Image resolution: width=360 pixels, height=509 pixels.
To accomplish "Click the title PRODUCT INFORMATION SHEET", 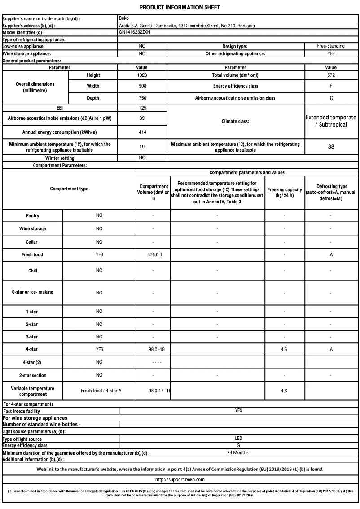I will [x=180, y=8].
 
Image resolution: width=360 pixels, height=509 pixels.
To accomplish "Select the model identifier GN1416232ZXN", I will [x=135, y=33].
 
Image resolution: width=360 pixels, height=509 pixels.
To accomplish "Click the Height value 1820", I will [x=142, y=75].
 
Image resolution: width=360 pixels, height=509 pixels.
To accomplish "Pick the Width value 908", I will [x=142, y=86].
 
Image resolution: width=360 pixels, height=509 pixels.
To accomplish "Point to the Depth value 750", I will [x=142, y=98].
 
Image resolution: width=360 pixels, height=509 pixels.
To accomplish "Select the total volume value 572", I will [x=331, y=75].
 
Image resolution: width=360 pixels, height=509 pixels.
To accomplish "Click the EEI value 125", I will [x=142, y=108].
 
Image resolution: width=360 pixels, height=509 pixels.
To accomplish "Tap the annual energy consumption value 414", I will [x=142, y=132].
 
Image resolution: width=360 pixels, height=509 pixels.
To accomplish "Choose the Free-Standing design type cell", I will [x=331, y=46].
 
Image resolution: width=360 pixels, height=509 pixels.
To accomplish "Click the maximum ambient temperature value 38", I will [x=331, y=146].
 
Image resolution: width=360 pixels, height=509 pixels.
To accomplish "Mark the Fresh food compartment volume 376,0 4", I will [x=153, y=255].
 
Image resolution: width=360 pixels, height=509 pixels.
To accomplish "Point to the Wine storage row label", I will [x=32, y=229].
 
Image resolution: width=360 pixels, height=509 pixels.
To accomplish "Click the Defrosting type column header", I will [x=331, y=192].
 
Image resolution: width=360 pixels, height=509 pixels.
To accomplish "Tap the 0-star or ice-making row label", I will [x=32, y=292].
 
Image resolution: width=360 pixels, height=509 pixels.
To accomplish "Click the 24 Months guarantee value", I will [x=238, y=452].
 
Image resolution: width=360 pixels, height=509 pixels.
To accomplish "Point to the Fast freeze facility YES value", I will [x=238, y=411].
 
